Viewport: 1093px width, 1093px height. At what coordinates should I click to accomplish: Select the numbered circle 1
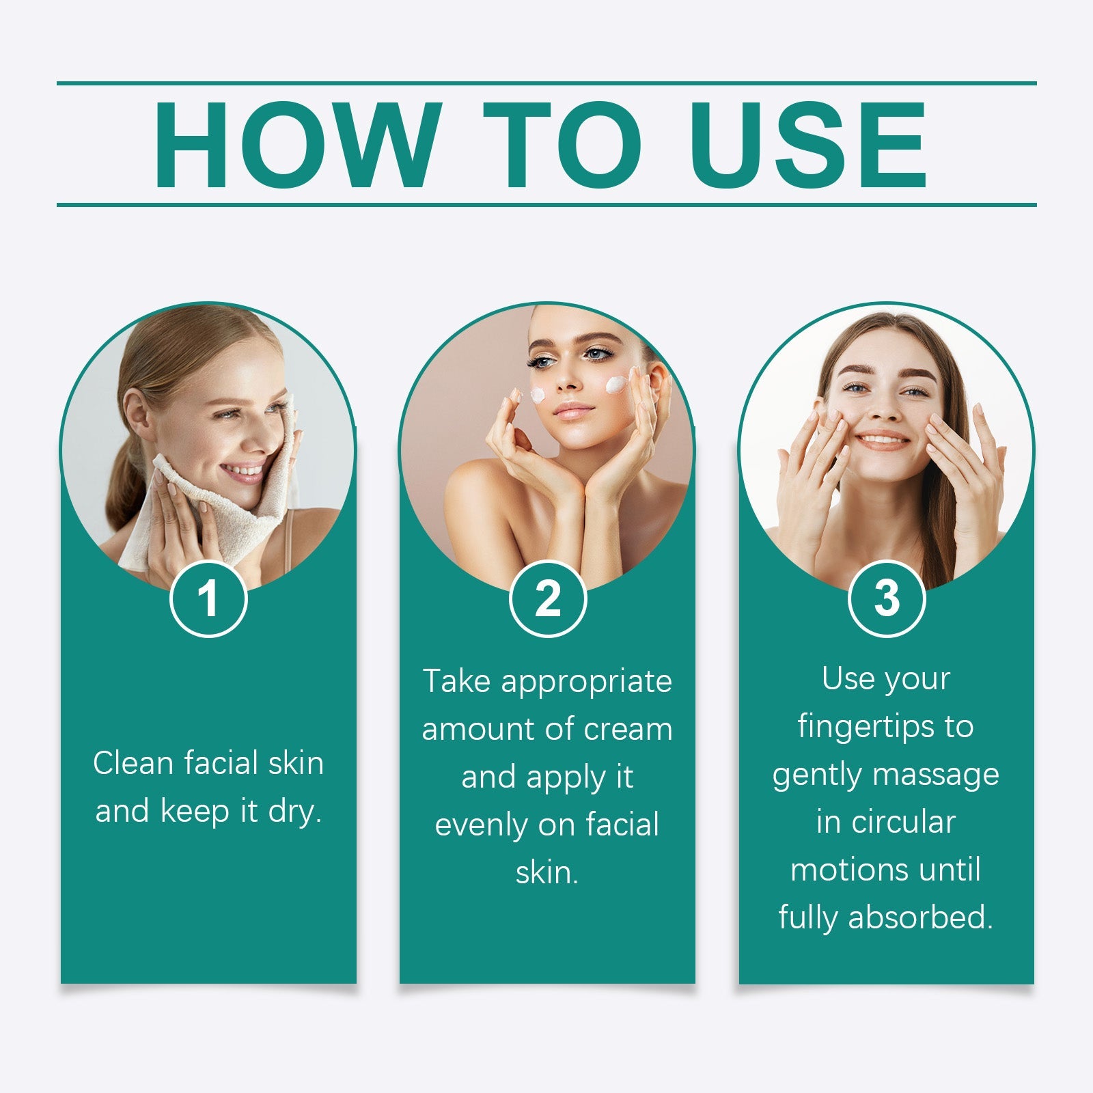click(x=208, y=599)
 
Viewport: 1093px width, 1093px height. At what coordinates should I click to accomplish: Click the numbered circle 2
click(x=547, y=599)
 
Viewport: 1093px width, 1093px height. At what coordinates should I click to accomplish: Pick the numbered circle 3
click(x=886, y=598)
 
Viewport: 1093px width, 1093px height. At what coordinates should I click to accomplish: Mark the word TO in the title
click(x=562, y=145)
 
